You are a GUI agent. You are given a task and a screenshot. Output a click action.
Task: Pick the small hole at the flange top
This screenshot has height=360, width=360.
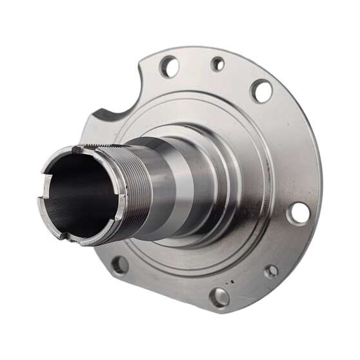(x=218, y=63)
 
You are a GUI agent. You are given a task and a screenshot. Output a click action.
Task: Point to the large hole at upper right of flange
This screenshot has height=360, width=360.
(x=261, y=91)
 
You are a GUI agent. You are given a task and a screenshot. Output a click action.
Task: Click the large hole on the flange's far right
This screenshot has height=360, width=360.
(x=298, y=212)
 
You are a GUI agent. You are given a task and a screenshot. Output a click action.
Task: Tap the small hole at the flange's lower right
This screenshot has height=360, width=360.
(x=271, y=272)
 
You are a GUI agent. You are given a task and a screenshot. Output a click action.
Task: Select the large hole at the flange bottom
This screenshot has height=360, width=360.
(x=219, y=297)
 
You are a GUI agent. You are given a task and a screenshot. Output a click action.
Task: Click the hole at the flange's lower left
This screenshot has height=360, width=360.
(x=119, y=265)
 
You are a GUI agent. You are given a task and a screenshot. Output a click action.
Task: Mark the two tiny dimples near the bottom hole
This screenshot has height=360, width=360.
(x=229, y=281)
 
